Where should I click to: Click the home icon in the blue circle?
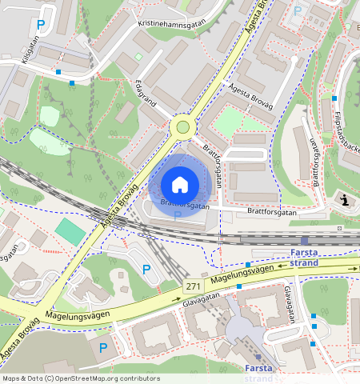[x=180, y=185]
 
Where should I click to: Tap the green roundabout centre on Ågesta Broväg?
[x=182, y=126]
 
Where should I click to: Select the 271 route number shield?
[x=193, y=286]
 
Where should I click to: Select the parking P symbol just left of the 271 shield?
[x=146, y=270]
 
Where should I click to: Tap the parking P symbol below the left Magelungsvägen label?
[x=102, y=348]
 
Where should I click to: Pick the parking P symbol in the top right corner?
[x=298, y=11]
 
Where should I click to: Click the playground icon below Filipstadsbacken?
[x=345, y=199]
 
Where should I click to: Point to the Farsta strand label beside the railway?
[x=303, y=258]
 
